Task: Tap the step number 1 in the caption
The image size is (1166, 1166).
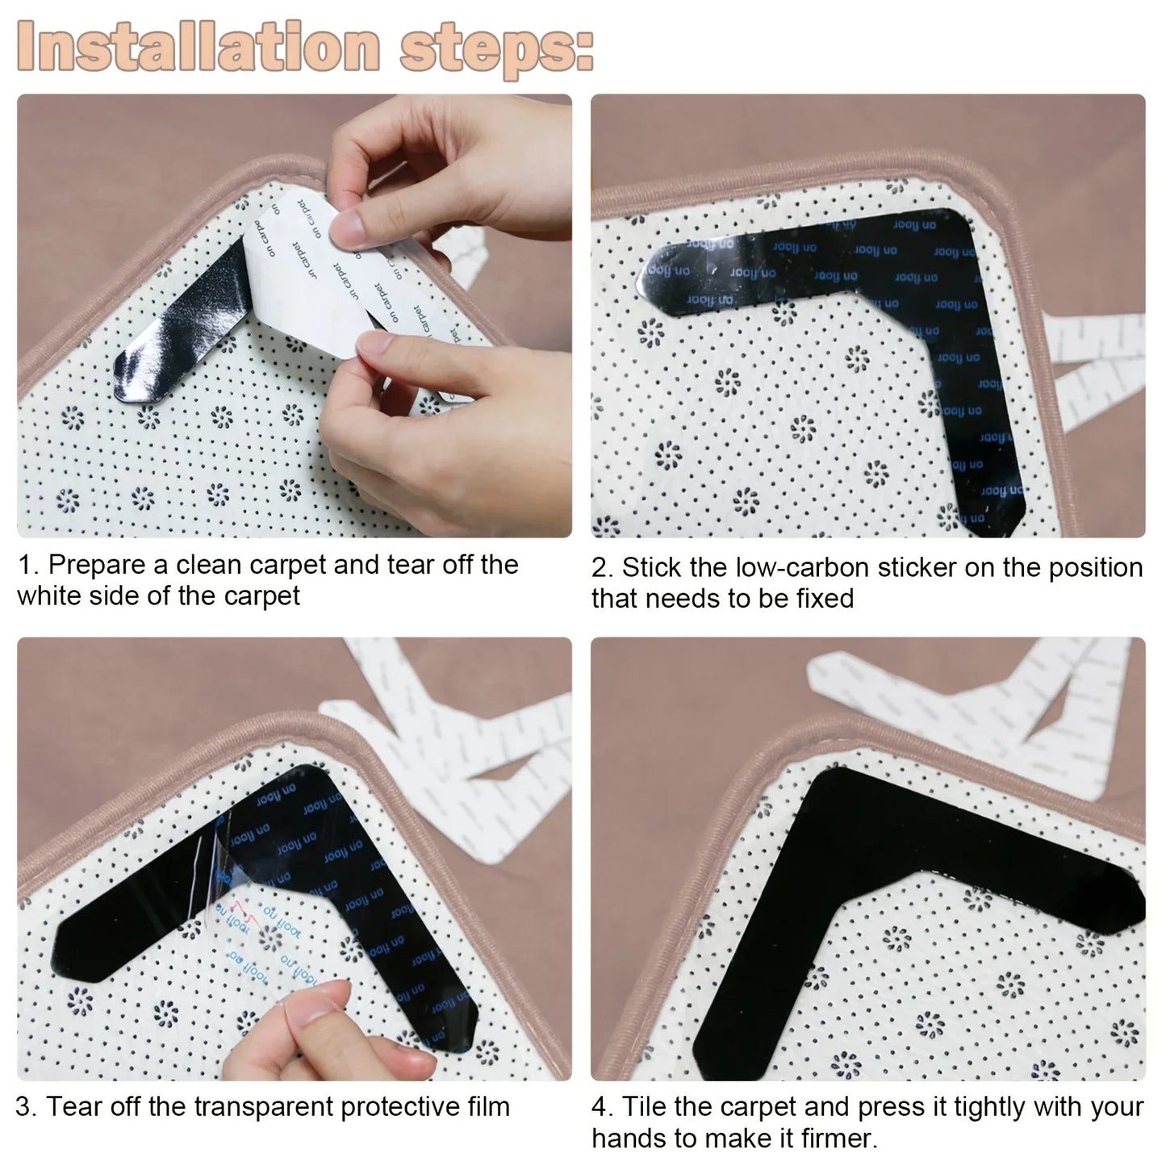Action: click(24, 565)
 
